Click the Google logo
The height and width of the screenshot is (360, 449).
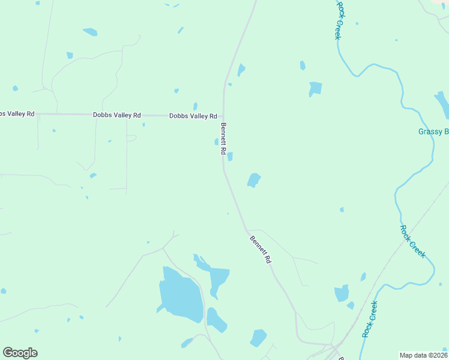point(20,353)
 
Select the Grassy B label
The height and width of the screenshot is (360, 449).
point(433,131)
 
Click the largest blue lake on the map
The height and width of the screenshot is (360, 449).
point(179,294)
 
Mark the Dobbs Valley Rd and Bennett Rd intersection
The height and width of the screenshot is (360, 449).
point(223,116)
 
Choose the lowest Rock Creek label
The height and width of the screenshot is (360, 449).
point(370,319)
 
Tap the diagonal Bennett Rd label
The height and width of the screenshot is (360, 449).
point(261,250)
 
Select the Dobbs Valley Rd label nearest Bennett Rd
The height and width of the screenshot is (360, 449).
point(193,116)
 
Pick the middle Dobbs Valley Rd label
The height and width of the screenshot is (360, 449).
point(116,115)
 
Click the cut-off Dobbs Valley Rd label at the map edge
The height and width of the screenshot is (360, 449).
point(17,113)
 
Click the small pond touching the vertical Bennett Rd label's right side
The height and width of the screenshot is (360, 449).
point(230,157)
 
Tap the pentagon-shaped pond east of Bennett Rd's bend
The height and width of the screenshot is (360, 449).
point(254,179)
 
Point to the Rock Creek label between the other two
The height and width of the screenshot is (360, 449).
point(413,241)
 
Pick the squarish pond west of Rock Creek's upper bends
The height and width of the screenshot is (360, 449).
point(315,88)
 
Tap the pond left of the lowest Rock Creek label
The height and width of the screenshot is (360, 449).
point(342,293)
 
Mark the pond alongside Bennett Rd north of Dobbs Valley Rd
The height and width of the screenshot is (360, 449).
point(241,70)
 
